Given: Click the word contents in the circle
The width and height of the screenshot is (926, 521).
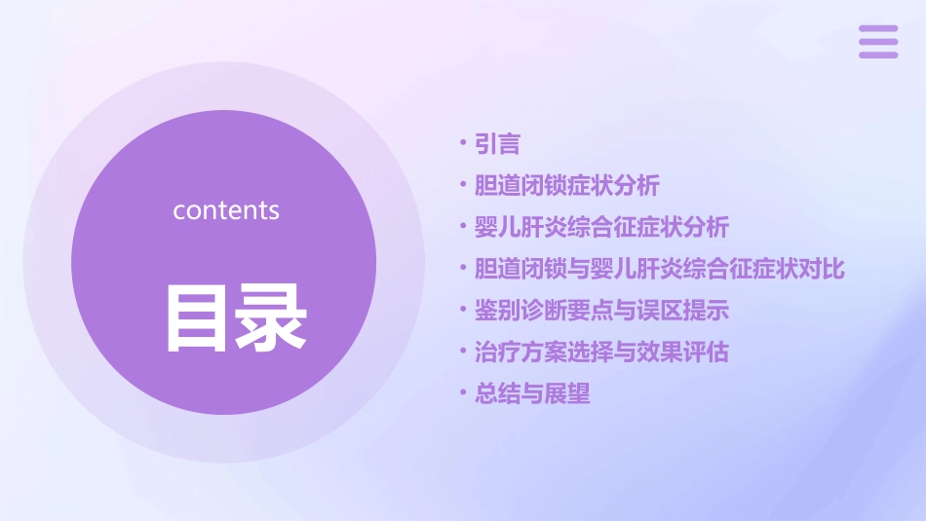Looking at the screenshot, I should click(226, 210).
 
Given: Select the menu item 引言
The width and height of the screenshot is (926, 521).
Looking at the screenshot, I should click(497, 145).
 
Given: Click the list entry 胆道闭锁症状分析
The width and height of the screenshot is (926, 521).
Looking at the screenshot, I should click(566, 185).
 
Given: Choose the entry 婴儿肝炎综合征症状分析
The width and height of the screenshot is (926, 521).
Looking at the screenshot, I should click(601, 228).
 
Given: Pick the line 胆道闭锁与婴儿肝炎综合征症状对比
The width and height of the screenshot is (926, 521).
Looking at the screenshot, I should click(659, 269).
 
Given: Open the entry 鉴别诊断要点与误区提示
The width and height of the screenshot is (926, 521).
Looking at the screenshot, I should click(601, 311).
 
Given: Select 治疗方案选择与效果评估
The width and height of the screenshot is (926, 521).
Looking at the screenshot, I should click(601, 352).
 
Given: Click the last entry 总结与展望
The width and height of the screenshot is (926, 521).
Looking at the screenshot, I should click(532, 394).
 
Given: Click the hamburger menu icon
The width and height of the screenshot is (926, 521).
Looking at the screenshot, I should click(878, 42).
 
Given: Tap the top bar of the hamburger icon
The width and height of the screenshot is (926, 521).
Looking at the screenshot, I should click(878, 29).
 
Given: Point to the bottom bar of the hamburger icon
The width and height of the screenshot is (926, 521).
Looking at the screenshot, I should click(878, 55).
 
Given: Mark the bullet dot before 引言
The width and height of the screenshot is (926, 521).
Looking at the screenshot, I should click(463, 145).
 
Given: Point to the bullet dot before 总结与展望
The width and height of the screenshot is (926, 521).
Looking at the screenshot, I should click(463, 394).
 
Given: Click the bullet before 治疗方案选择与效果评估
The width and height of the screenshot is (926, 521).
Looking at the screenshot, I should click(463, 352).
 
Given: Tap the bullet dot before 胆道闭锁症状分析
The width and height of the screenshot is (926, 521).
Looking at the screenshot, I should click(463, 185).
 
